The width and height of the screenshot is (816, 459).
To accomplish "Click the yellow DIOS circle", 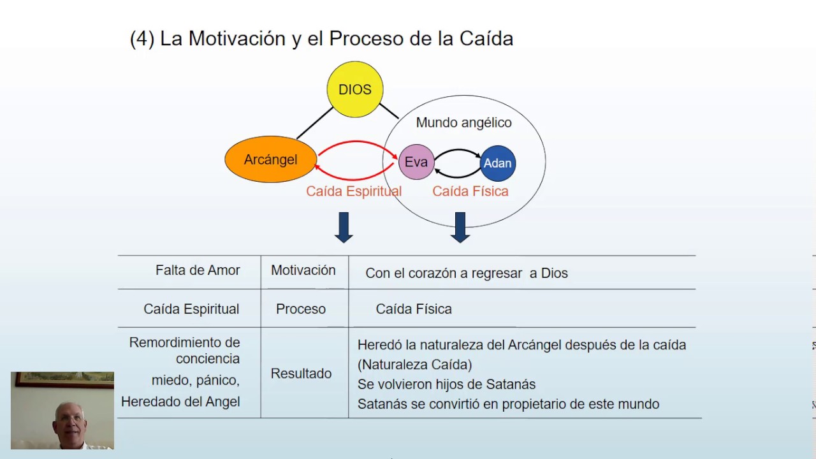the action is click(355, 89).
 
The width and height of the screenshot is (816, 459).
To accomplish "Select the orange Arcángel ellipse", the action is click(271, 159).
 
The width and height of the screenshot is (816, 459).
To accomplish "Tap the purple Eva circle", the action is click(416, 162).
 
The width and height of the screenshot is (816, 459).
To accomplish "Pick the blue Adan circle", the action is click(498, 163).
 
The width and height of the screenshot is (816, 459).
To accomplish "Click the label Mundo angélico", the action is click(463, 122).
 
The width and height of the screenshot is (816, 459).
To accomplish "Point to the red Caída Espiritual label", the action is click(354, 191).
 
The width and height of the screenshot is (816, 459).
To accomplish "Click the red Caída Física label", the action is click(470, 191).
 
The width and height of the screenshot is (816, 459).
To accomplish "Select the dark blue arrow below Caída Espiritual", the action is click(344, 228).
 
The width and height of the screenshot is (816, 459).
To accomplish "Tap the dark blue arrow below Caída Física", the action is click(460, 228).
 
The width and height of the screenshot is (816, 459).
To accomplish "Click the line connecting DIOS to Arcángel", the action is click(315, 123).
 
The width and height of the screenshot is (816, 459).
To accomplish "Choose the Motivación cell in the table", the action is click(303, 270).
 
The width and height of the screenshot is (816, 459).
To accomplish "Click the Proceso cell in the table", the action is click(301, 309).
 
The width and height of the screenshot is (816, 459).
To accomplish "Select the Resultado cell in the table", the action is click(301, 374).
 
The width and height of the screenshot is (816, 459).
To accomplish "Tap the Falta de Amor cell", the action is click(198, 270).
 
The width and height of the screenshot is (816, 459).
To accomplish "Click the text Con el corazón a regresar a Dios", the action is click(466, 273).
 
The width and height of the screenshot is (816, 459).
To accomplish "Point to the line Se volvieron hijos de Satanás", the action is click(447, 384).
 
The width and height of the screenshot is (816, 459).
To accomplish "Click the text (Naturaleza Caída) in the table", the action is click(414, 365).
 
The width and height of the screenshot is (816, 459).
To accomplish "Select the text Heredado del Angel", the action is click(180, 402).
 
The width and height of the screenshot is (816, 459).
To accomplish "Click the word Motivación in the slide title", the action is click(237, 38).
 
